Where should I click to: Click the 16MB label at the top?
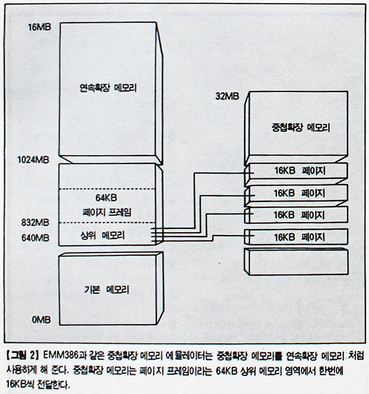[39, 26]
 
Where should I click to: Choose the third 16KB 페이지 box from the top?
[298, 215]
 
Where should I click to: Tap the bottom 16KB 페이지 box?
[298, 236]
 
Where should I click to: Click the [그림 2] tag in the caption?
[22, 355]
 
